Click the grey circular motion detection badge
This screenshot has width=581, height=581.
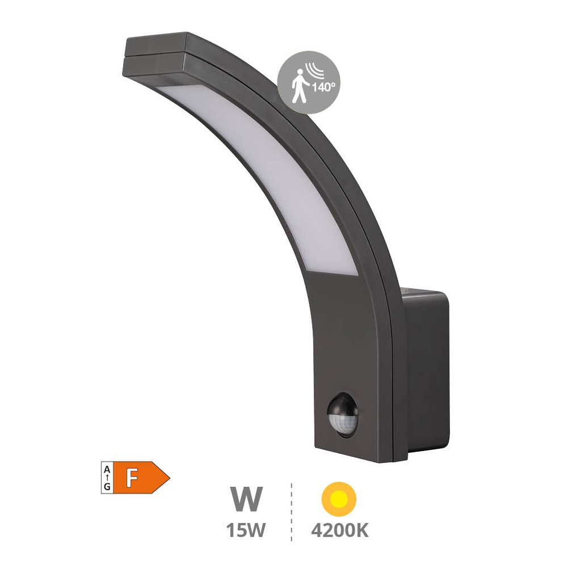click(x=309, y=82)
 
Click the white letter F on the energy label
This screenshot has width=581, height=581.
click(x=132, y=478)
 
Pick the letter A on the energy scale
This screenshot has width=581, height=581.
click(x=107, y=469)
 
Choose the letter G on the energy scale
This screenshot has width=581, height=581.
click(x=107, y=486)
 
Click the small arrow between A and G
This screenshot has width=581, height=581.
click(x=107, y=478)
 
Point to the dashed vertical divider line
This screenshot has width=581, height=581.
click(x=292, y=511)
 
